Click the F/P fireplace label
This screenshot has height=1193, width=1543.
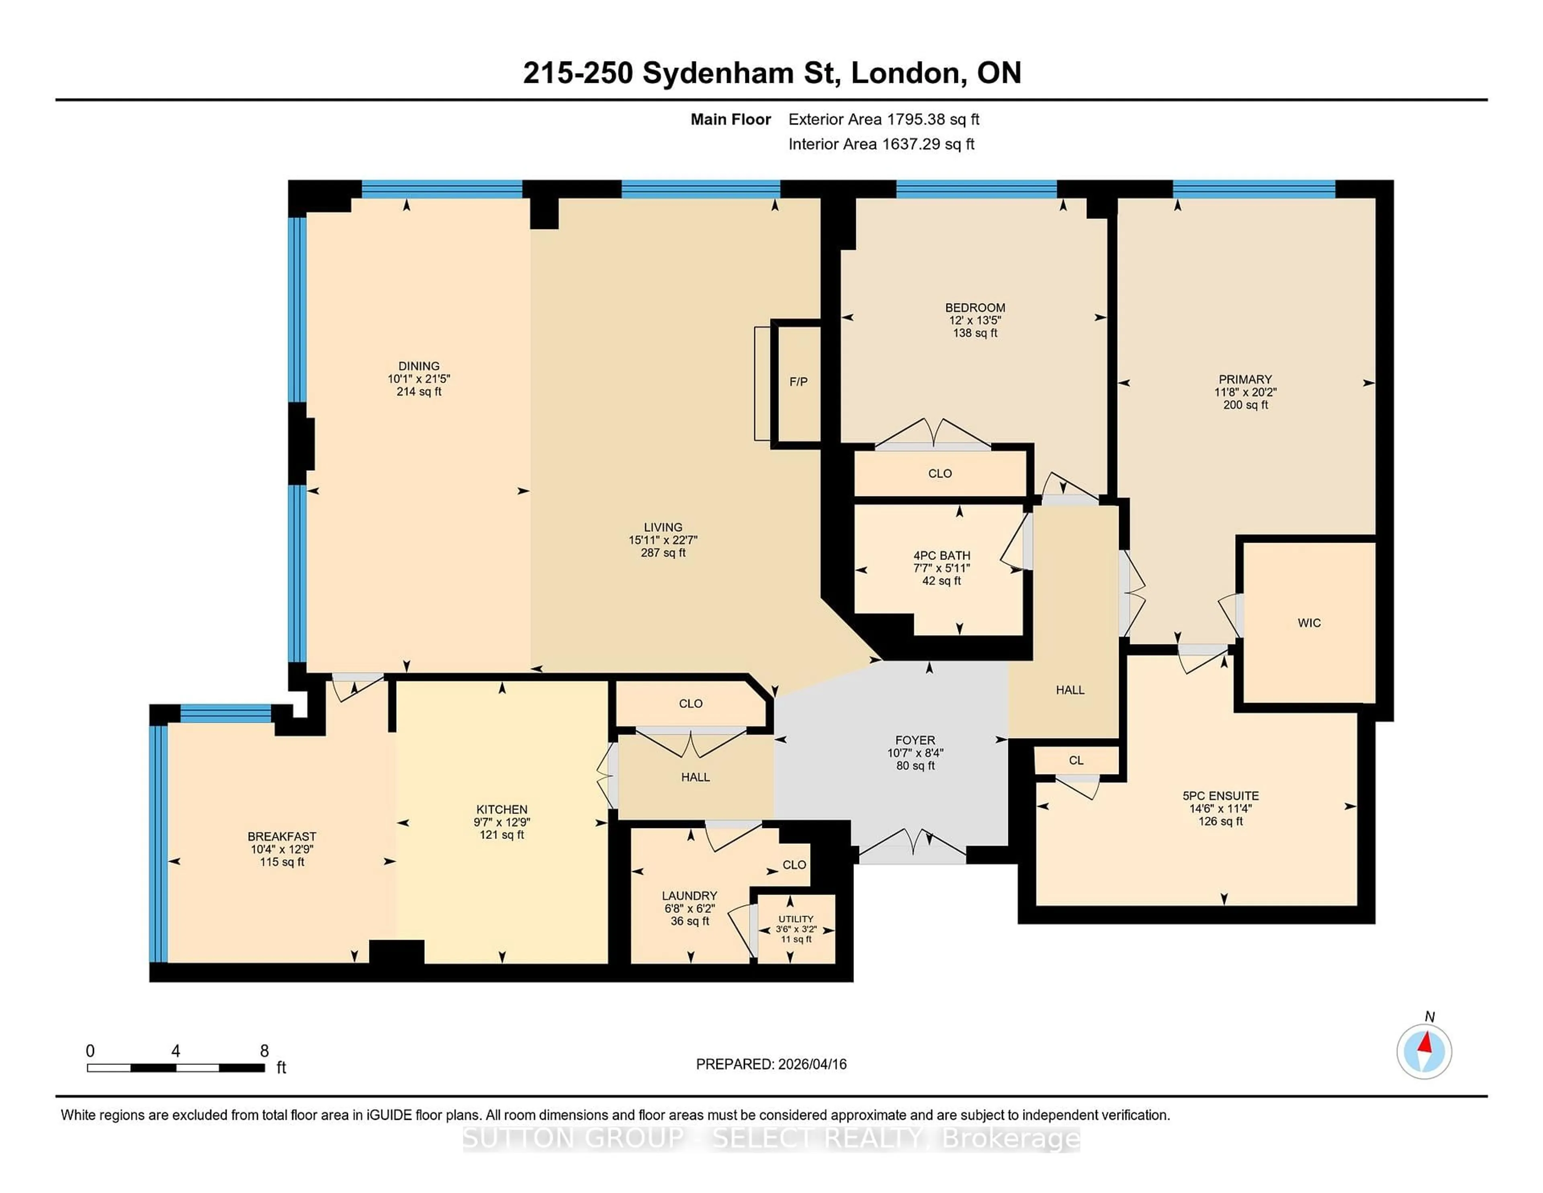click(798, 381)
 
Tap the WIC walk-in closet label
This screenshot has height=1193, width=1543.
click(1309, 623)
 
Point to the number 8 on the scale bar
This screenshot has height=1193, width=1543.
click(264, 1051)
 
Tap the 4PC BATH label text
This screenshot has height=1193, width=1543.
click(942, 556)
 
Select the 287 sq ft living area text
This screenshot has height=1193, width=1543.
click(663, 553)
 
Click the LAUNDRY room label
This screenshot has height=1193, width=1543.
click(690, 896)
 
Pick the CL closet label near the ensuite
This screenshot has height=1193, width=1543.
click(1076, 760)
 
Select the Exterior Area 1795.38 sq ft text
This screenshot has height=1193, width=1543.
click(884, 119)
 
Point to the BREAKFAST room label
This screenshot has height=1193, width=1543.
click(282, 836)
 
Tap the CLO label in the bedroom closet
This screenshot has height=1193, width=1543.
click(939, 474)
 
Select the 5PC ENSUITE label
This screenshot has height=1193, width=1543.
click(1221, 796)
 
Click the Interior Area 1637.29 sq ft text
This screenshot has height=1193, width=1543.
click(881, 144)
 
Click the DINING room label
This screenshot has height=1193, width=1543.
click(419, 366)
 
